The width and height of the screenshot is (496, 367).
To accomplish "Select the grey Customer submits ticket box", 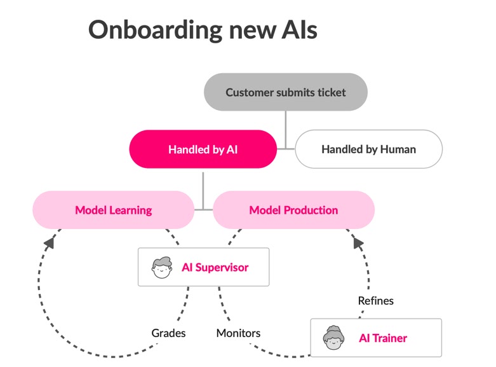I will [285, 92].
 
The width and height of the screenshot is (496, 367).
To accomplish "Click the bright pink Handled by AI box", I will [203, 149].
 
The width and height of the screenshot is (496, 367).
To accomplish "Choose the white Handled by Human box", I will [368, 149].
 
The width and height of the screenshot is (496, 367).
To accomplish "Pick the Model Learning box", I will [113, 210].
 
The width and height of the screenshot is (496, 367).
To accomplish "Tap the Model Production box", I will [293, 210].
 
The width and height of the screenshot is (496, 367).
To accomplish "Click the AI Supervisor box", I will [203, 267].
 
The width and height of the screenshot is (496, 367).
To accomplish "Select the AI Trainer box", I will [375, 338].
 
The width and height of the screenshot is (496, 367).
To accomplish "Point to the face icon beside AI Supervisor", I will [162, 267].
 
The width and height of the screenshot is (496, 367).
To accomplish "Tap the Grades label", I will [168, 333].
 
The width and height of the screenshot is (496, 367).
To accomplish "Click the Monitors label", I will [238, 333].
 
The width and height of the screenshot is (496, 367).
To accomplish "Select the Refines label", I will [375, 300].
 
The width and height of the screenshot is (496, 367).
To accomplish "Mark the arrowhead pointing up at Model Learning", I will [48, 241].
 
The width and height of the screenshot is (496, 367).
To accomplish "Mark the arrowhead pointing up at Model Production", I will [358, 242].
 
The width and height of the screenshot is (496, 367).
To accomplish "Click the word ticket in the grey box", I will [330, 92].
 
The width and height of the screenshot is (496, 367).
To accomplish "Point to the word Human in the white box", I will [398, 149].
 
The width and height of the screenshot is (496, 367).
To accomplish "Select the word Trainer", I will [392, 338].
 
